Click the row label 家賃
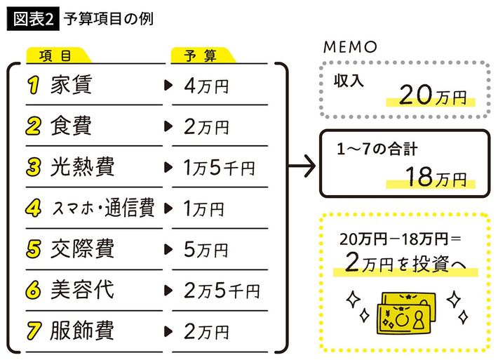[x=72, y=86]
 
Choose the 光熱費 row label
[x=82, y=167]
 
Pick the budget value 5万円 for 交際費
[x=205, y=249]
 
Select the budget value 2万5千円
[x=221, y=290]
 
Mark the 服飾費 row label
[x=82, y=329]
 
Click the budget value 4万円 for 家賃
[x=206, y=86]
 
